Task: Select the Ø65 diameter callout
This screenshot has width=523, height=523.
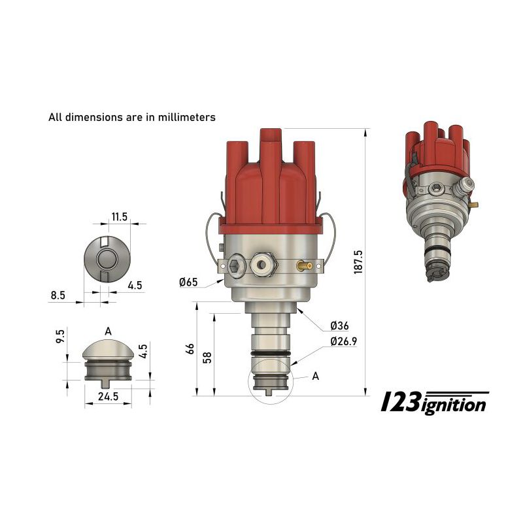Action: (189, 282)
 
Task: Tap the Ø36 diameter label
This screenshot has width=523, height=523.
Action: (341, 326)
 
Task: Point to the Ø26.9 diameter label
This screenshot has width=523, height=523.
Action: (344, 341)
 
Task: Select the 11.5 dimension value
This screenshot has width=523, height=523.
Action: (118, 216)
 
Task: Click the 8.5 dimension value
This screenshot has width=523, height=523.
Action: (58, 295)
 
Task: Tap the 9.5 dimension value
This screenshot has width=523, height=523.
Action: (60, 338)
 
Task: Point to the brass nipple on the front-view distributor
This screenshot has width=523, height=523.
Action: (303, 265)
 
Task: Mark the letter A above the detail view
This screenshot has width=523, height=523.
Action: (108, 331)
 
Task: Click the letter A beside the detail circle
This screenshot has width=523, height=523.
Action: (316, 376)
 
